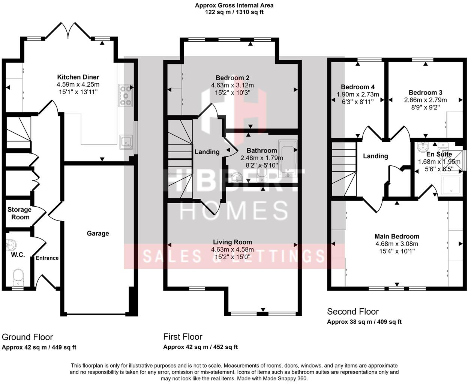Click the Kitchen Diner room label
pos(78,78)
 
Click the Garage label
pos(98,233)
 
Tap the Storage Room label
pos(19,213)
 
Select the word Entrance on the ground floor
pos(47,258)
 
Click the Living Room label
pos(232,242)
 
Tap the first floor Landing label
pos(207,152)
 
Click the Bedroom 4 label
pos(358,87)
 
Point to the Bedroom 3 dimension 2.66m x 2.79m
pos(425,100)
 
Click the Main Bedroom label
pos(397,236)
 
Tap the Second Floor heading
pos(353,312)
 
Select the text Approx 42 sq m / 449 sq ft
pos(39,347)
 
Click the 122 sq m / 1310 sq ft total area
pos(234,12)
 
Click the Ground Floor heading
pos(27,337)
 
